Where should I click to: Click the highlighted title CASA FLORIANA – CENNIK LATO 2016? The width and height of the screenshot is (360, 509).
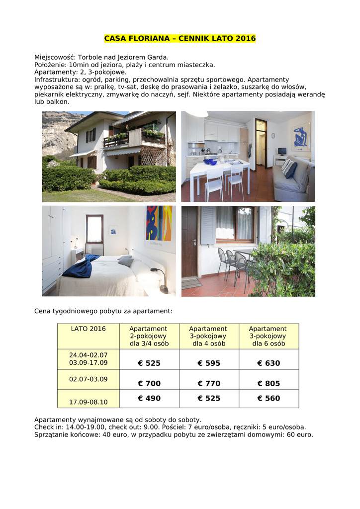(180, 38)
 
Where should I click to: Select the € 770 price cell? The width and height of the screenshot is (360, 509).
(209, 384)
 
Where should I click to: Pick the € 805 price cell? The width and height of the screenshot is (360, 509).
(269, 384)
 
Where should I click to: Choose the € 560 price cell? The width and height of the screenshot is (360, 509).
(269, 398)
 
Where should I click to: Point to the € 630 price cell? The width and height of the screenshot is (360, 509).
(269, 363)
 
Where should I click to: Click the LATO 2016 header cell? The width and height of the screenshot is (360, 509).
(88, 329)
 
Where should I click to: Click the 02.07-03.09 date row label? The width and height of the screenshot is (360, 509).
(88, 379)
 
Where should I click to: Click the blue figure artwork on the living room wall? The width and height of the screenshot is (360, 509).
(301, 137)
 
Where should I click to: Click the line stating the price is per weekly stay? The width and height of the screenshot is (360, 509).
(103, 311)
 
